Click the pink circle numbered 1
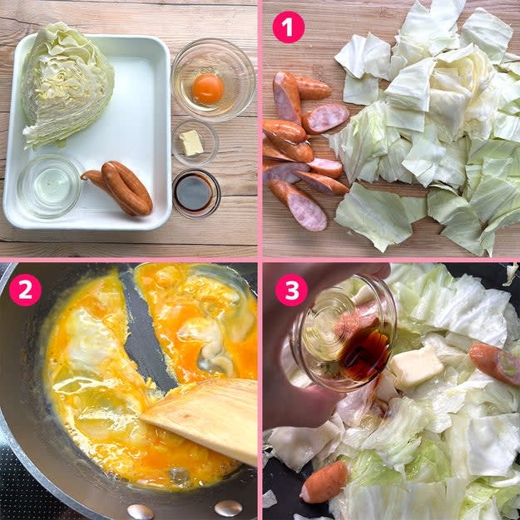[x=289, y=27]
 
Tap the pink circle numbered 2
[x=25, y=290]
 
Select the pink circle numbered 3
[x=291, y=290]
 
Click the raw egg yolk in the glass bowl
[x=208, y=88]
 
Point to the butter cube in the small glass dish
[x=191, y=142]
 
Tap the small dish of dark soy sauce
[x=196, y=193]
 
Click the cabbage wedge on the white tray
[x=67, y=85]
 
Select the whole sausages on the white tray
[x=119, y=187]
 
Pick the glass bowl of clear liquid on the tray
[x=49, y=186]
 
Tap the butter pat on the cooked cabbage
[x=416, y=366]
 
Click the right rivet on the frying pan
[x=228, y=508]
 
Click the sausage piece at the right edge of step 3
[x=495, y=364]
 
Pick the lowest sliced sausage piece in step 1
[x=298, y=205]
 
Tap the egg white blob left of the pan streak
[x=92, y=339]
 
